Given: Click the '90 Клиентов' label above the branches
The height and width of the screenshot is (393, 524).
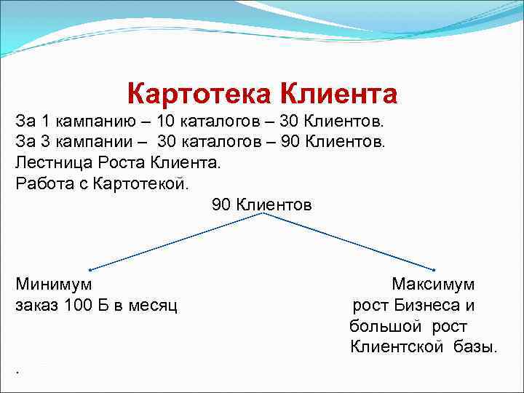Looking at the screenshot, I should click(262, 205).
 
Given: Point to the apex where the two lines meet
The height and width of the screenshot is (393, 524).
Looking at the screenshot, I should click(263, 214).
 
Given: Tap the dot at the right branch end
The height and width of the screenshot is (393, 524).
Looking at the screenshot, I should click(434, 269).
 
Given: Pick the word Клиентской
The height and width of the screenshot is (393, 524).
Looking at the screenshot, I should click(397, 346).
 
